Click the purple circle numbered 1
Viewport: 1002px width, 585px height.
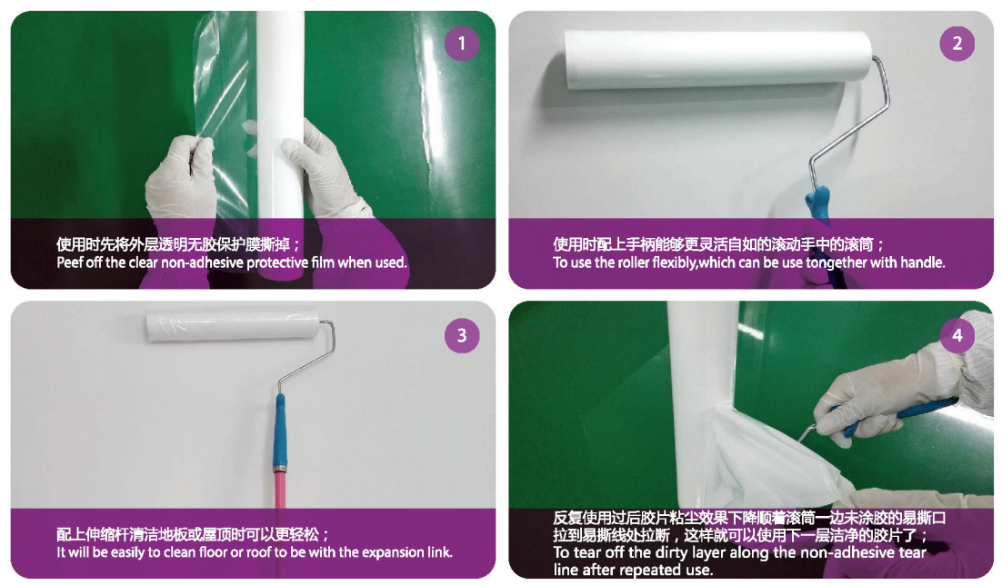(462, 44)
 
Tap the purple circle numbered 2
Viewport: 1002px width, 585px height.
(957, 44)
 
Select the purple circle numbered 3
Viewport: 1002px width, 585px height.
(461, 335)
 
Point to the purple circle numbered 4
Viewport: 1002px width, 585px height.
(957, 334)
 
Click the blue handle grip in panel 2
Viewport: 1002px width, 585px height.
(818, 204)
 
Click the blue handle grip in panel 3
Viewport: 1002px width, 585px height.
(280, 431)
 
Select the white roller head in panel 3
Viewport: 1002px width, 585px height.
(234, 326)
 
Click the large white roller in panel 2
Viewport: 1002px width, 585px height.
(717, 61)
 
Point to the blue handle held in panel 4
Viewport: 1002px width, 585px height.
(901, 416)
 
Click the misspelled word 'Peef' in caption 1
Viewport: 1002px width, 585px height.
(70, 263)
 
